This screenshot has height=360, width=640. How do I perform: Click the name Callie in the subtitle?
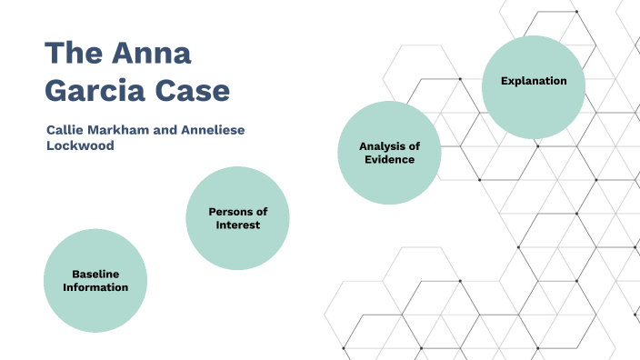point(66,130)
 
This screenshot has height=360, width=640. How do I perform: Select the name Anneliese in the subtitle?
point(215,130)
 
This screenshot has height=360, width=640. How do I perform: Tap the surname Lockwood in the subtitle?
point(81,145)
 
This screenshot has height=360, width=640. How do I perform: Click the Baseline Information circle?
point(95,281)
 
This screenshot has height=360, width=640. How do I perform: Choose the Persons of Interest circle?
point(237,218)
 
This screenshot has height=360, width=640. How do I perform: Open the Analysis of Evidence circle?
point(389,152)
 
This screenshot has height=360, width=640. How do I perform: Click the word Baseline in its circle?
point(95,274)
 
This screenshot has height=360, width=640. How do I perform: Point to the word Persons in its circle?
point(231,211)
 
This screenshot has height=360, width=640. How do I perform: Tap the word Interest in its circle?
point(238,225)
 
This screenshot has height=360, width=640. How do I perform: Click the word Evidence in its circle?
point(389,159)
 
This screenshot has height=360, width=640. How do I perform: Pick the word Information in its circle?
point(95,287)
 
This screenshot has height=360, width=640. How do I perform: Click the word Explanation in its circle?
point(534,81)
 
